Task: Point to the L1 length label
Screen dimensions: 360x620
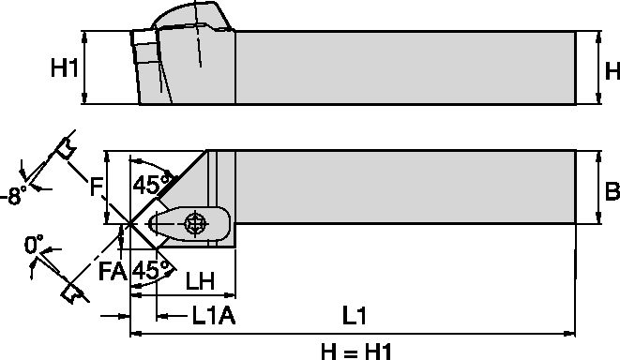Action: click(x=354, y=316)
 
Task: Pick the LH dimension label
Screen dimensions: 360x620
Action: click(x=200, y=280)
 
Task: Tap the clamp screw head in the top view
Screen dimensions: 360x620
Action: click(x=195, y=223)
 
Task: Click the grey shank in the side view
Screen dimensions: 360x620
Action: click(x=403, y=67)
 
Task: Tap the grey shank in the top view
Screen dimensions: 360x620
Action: click(x=403, y=187)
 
